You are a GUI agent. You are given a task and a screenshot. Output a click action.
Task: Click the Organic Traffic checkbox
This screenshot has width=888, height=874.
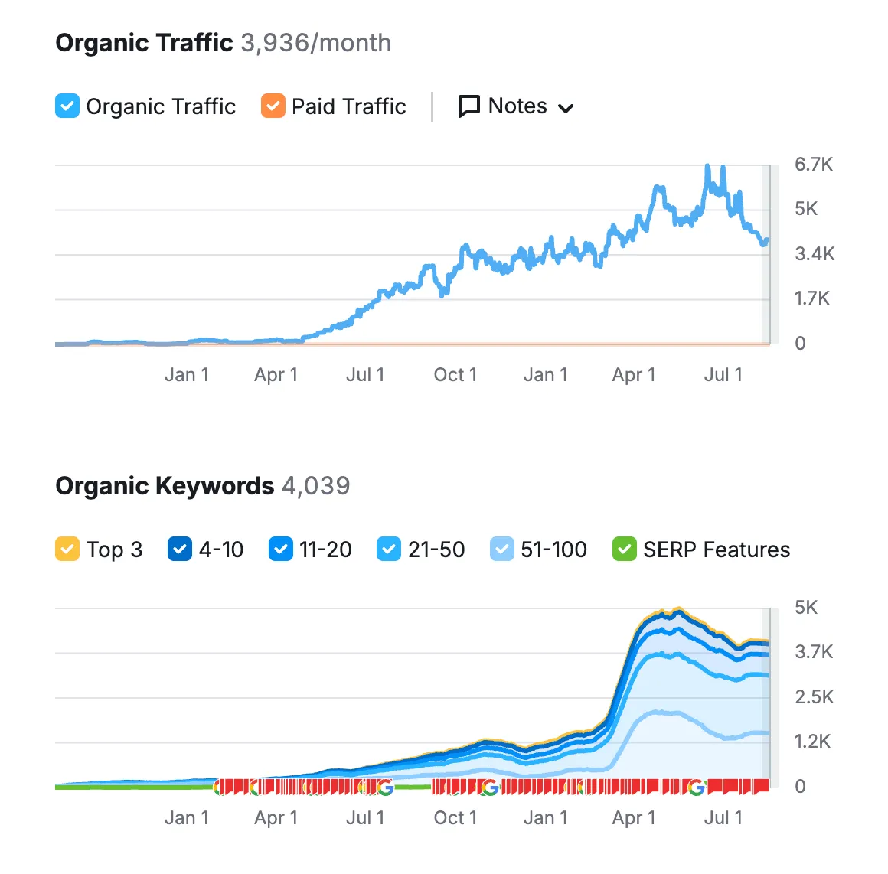(x=67, y=106)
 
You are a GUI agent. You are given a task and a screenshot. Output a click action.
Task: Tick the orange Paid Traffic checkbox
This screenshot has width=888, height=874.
(x=273, y=106)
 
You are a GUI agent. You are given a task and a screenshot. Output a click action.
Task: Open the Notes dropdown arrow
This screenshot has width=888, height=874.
(x=566, y=108)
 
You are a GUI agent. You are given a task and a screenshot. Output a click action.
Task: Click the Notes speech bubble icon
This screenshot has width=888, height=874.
(x=468, y=106)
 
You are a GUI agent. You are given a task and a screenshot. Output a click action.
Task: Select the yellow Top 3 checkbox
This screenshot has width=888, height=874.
(x=67, y=549)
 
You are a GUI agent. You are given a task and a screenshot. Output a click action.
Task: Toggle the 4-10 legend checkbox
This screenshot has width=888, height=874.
(x=180, y=549)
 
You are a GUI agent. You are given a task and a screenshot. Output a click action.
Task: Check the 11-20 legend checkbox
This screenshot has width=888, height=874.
(x=281, y=549)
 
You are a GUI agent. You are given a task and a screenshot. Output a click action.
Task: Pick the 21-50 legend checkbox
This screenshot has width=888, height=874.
(x=389, y=549)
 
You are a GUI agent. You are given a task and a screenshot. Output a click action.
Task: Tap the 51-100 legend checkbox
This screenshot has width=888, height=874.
(x=501, y=549)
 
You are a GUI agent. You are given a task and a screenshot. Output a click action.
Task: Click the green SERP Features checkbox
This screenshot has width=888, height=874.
(x=625, y=549)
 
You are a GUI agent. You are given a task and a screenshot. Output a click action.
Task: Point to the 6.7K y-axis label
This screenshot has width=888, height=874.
(x=813, y=165)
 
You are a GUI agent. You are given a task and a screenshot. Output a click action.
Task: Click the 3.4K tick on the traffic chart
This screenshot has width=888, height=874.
(x=815, y=254)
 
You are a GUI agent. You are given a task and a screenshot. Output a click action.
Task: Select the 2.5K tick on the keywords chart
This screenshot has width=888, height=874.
(x=815, y=697)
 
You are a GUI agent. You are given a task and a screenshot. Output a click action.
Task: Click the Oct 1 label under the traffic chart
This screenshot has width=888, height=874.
(x=455, y=375)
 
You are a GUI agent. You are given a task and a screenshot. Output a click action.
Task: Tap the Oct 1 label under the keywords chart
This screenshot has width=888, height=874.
(x=455, y=818)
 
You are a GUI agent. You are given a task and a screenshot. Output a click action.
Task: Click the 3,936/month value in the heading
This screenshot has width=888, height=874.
(x=315, y=43)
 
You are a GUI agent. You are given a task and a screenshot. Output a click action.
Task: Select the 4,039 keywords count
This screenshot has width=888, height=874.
(x=315, y=486)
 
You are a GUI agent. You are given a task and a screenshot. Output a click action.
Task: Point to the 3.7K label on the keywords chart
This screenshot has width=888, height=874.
(x=815, y=652)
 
